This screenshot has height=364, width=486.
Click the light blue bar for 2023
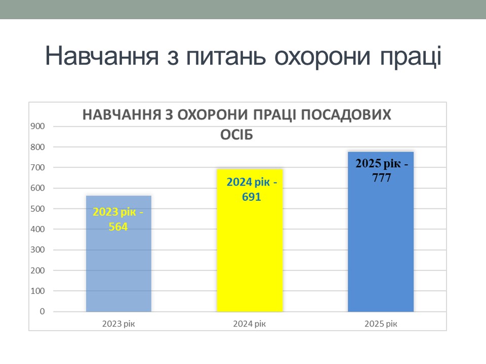(118, 253)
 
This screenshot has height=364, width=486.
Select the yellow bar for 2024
(250, 240)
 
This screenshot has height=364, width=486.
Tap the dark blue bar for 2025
(381, 232)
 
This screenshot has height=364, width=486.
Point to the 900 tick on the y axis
(37, 126)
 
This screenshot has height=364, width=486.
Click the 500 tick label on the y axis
(37, 209)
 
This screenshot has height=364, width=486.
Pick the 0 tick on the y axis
(42, 311)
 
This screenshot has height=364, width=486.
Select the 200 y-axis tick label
(37, 270)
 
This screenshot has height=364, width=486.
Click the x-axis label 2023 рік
(118, 324)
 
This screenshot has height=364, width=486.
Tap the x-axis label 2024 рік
(250, 324)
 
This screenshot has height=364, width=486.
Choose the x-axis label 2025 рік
(381, 324)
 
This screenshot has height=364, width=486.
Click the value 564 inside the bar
(118, 226)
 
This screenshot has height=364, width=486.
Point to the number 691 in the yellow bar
(252, 197)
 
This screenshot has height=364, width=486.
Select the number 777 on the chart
(382, 178)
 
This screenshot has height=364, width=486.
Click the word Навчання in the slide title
(102, 56)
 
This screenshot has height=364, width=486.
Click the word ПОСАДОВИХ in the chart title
(346, 115)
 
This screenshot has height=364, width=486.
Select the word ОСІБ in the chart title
(236, 135)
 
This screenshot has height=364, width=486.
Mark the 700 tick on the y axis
(37, 167)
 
